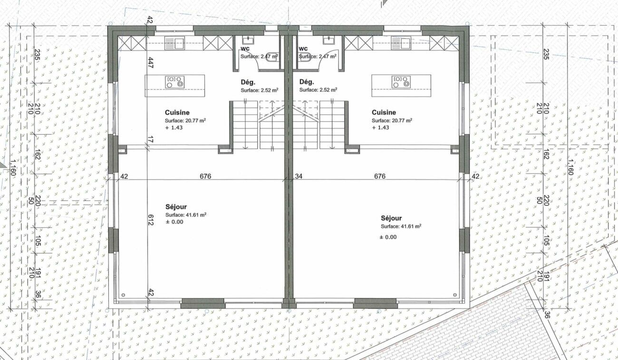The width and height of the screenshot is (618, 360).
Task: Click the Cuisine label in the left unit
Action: (x=177, y=112)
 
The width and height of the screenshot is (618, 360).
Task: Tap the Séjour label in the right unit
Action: (x=391, y=218)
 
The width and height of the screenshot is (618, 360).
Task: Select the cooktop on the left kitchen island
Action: (x=174, y=82)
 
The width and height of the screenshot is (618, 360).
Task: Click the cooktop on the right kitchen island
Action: (x=401, y=82)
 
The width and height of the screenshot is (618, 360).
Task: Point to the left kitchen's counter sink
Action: (x=174, y=43)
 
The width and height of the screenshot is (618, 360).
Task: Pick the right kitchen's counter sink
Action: (x=401, y=43)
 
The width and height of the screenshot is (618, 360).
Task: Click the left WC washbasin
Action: (x=248, y=40)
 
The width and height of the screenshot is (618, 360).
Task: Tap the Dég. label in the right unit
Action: (x=307, y=82)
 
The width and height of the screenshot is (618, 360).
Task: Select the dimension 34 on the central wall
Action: (x=299, y=176)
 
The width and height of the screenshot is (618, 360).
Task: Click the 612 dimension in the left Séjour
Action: (x=150, y=220)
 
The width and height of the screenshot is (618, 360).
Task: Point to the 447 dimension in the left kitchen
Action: (x=150, y=62)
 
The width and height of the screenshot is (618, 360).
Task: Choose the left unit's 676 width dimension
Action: (x=205, y=176)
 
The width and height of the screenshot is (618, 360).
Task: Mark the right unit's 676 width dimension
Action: (x=380, y=176)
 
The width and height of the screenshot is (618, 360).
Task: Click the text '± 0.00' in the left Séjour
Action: (x=174, y=222)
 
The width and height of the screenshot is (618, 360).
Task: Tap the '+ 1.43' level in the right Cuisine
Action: (x=380, y=127)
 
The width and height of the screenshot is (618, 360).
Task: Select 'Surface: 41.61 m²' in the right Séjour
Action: (x=401, y=226)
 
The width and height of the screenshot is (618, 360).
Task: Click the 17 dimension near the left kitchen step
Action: (x=150, y=140)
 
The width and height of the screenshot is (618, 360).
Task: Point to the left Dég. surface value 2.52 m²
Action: (x=270, y=90)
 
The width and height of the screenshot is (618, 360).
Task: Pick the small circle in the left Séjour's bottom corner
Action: (x=123, y=295)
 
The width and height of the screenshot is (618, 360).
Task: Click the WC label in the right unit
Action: (x=303, y=49)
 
